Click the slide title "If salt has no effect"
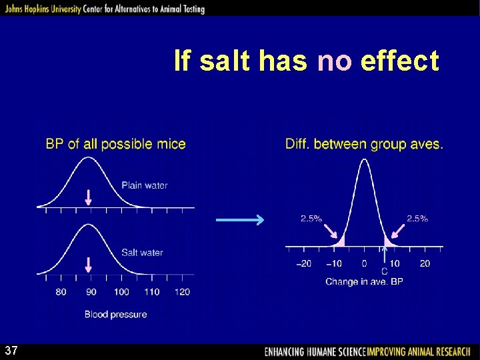click(306, 61)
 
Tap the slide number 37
click(11, 351)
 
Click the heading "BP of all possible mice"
click(115, 144)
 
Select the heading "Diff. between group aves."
click(364, 144)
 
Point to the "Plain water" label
click(144, 185)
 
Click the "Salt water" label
click(142, 253)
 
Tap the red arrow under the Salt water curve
click(89, 265)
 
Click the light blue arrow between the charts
click(240, 220)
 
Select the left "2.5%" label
click(311, 219)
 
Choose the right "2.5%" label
click(417, 219)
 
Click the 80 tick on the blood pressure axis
click(61, 292)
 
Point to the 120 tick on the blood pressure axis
click(182, 292)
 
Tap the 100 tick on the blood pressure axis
click(121, 292)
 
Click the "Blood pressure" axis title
click(115, 314)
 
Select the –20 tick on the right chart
click(303, 263)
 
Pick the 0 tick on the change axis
click(364, 263)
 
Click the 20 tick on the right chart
click(425, 263)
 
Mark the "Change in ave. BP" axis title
click(364, 282)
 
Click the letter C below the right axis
click(385, 272)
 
